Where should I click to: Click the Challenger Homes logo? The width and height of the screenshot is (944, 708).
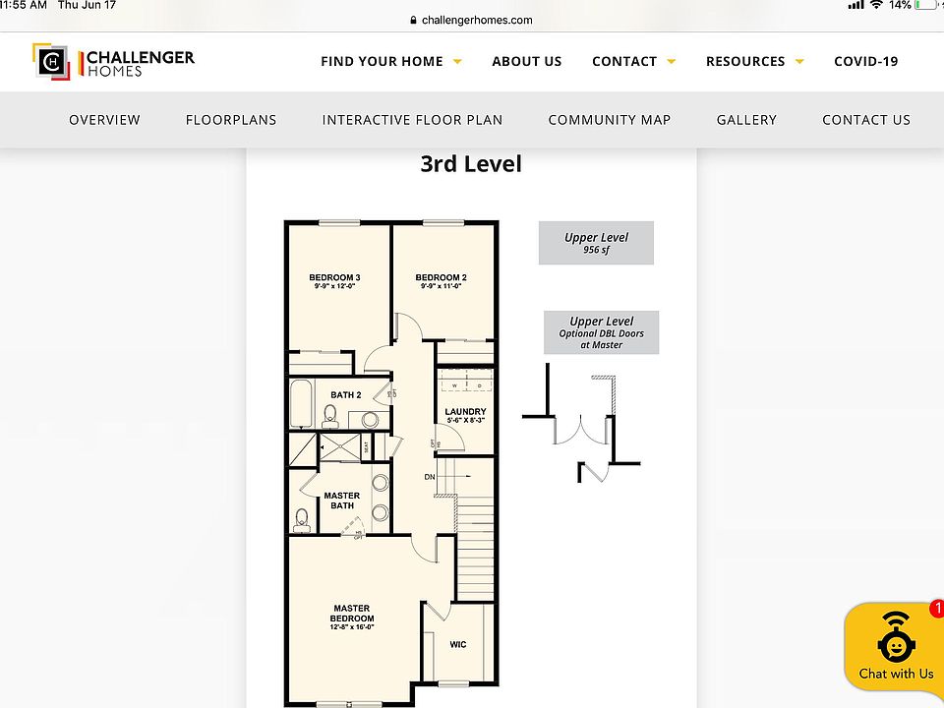tap(113, 61)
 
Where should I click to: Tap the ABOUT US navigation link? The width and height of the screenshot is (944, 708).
tap(526, 61)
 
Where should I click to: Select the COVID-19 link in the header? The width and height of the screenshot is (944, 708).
tap(865, 61)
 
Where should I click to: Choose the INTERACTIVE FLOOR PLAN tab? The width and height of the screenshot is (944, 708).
tap(412, 120)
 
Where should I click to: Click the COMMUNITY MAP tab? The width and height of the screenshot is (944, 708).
tap(609, 120)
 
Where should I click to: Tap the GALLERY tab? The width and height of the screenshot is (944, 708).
tap(746, 120)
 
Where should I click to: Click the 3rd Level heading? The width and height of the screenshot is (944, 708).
tap(471, 164)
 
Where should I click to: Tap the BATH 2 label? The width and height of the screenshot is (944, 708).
tap(346, 395)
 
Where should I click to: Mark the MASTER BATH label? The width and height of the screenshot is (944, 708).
tap(342, 501)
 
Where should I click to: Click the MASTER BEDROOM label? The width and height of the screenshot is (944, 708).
tap(351, 614)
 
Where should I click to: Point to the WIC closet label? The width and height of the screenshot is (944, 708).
tap(458, 645)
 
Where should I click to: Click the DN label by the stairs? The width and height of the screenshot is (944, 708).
tap(430, 477)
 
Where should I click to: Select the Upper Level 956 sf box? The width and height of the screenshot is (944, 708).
tap(596, 243)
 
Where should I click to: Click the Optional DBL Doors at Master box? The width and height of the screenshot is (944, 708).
tap(601, 332)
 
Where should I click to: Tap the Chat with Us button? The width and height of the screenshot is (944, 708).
tap(895, 648)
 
